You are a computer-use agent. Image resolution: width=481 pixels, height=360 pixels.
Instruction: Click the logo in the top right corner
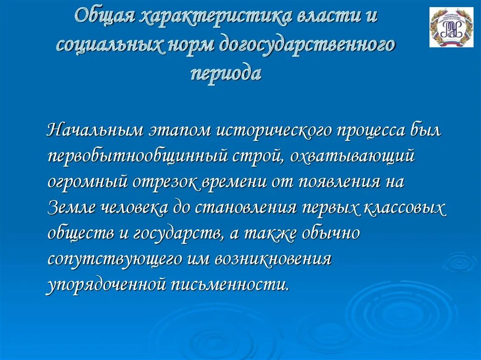tap(451, 27)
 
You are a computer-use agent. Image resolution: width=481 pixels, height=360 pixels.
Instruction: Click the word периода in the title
tap(225, 73)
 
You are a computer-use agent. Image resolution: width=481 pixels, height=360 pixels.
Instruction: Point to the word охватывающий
tap(352, 156)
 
